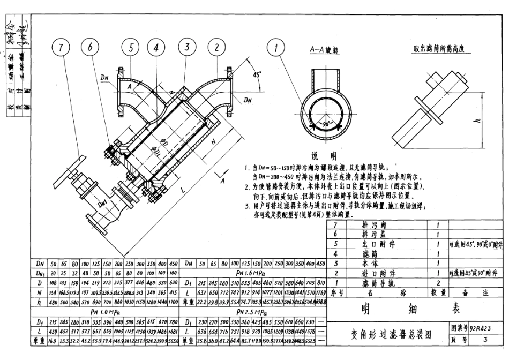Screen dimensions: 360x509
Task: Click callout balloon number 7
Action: tap(62, 47)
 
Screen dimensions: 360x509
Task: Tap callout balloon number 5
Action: tap(131, 47)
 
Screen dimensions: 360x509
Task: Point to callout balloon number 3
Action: tap(186, 47)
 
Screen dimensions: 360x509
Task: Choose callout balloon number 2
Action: tap(216, 47)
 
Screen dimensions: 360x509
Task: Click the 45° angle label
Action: tap(258, 75)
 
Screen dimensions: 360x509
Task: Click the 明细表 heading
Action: tap(388, 309)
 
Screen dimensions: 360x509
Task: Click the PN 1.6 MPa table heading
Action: tap(254, 273)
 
